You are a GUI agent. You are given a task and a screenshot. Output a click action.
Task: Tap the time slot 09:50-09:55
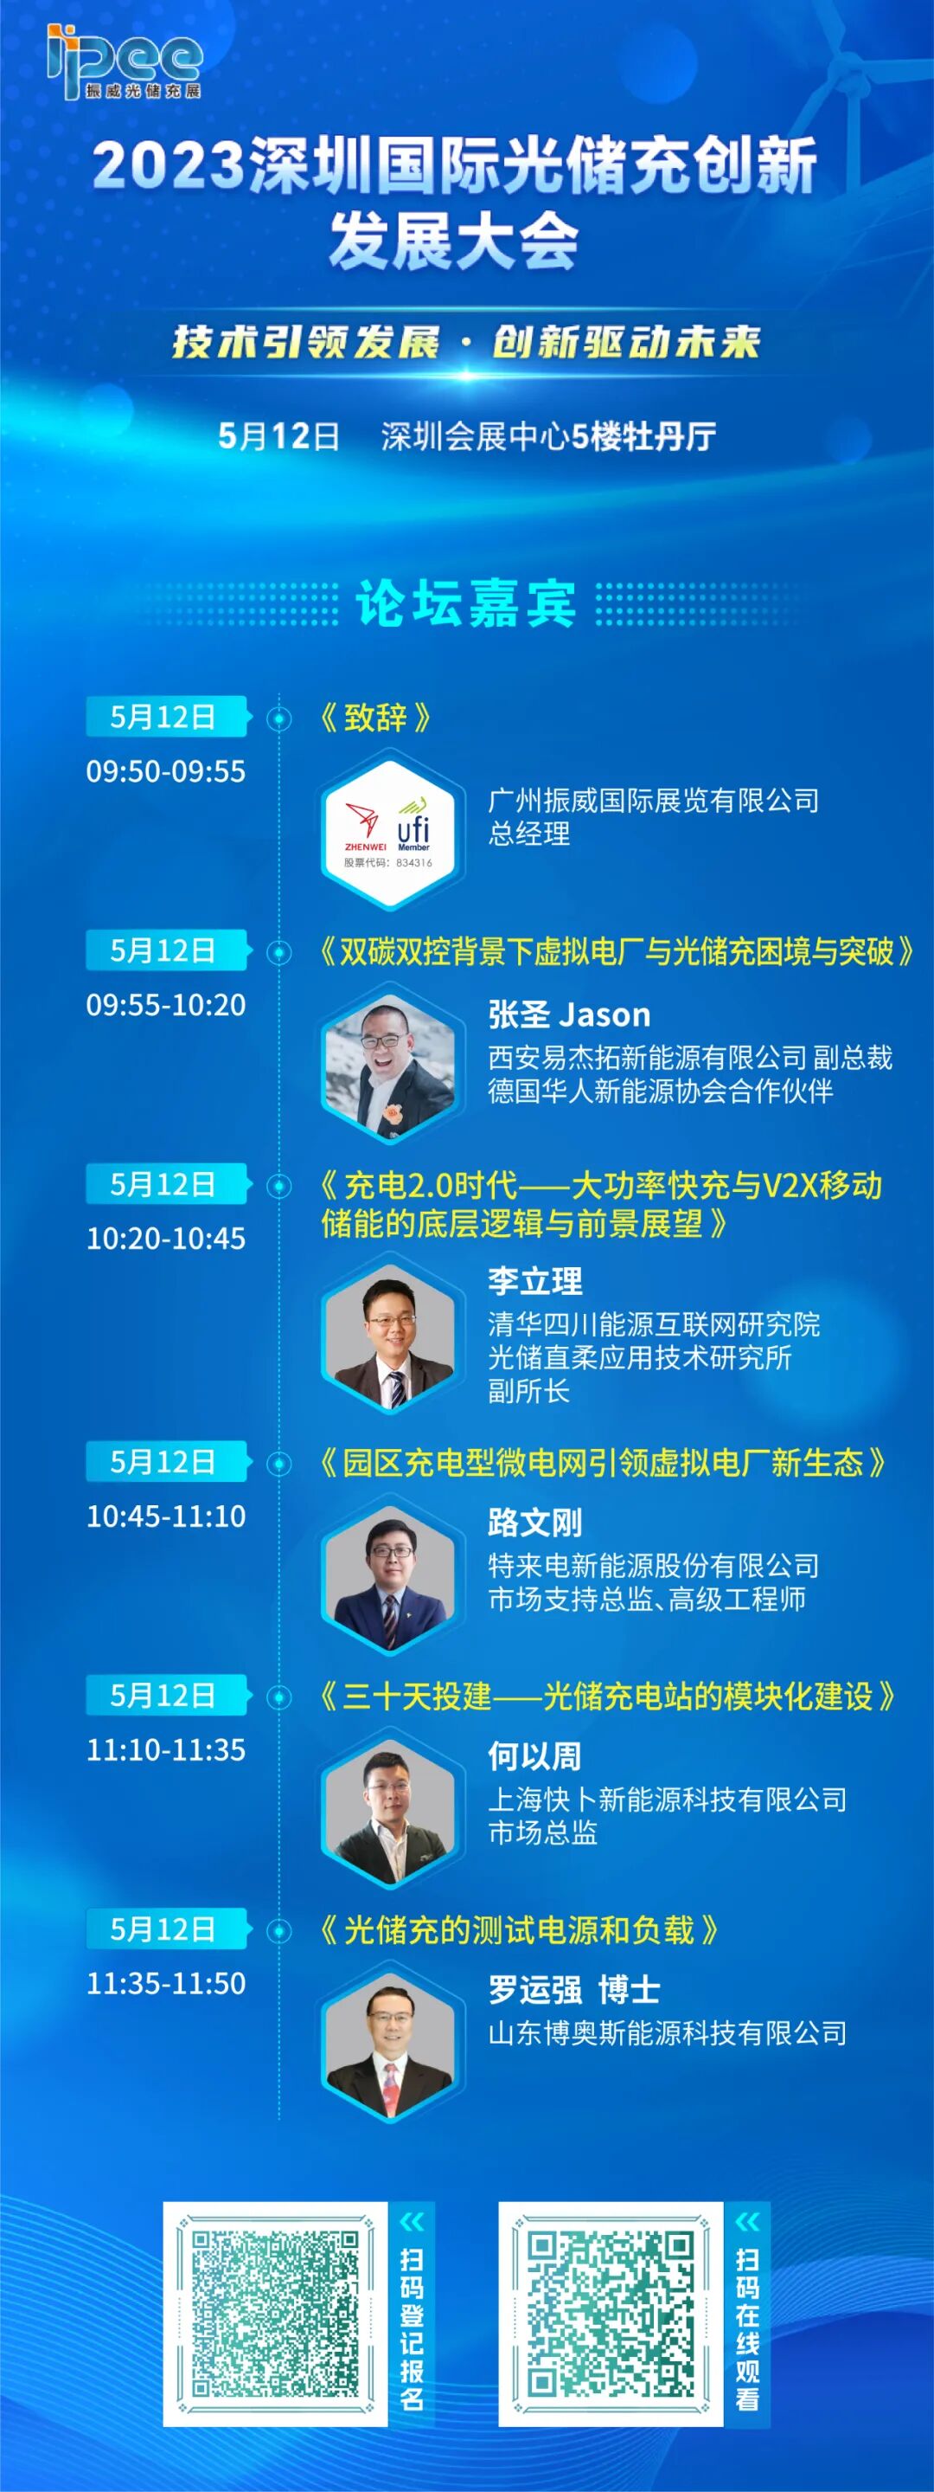[x=165, y=771]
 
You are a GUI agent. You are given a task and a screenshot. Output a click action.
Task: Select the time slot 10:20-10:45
[x=165, y=1239]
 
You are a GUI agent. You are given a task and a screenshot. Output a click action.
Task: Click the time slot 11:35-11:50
[x=165, y=1983]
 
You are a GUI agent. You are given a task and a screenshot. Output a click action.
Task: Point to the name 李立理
[x=534, y=1281]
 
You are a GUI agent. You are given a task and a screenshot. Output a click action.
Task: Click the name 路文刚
[x=534, y=1523]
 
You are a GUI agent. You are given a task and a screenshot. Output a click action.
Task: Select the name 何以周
[x=534, y=1755]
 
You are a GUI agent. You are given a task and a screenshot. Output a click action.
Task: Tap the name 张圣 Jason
[x=568, y=1014]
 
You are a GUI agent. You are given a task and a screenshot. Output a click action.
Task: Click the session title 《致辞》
[x=375, y=718]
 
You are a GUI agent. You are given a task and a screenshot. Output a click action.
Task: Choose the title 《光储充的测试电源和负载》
[x=518, y=1931]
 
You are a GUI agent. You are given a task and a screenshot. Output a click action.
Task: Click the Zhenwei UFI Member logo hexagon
[x=388, y=833]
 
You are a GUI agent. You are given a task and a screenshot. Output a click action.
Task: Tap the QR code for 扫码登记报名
[x=275, y=2314]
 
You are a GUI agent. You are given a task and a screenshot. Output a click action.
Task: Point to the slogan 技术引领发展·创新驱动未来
[x=466, y=343]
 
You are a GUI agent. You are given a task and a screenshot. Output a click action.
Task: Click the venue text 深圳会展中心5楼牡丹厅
[x=548, y=436]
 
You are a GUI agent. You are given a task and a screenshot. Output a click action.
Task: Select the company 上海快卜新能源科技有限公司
[x=667, y=1800]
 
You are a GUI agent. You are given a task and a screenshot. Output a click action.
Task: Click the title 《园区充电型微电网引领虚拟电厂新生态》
[x=603, y=1463]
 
